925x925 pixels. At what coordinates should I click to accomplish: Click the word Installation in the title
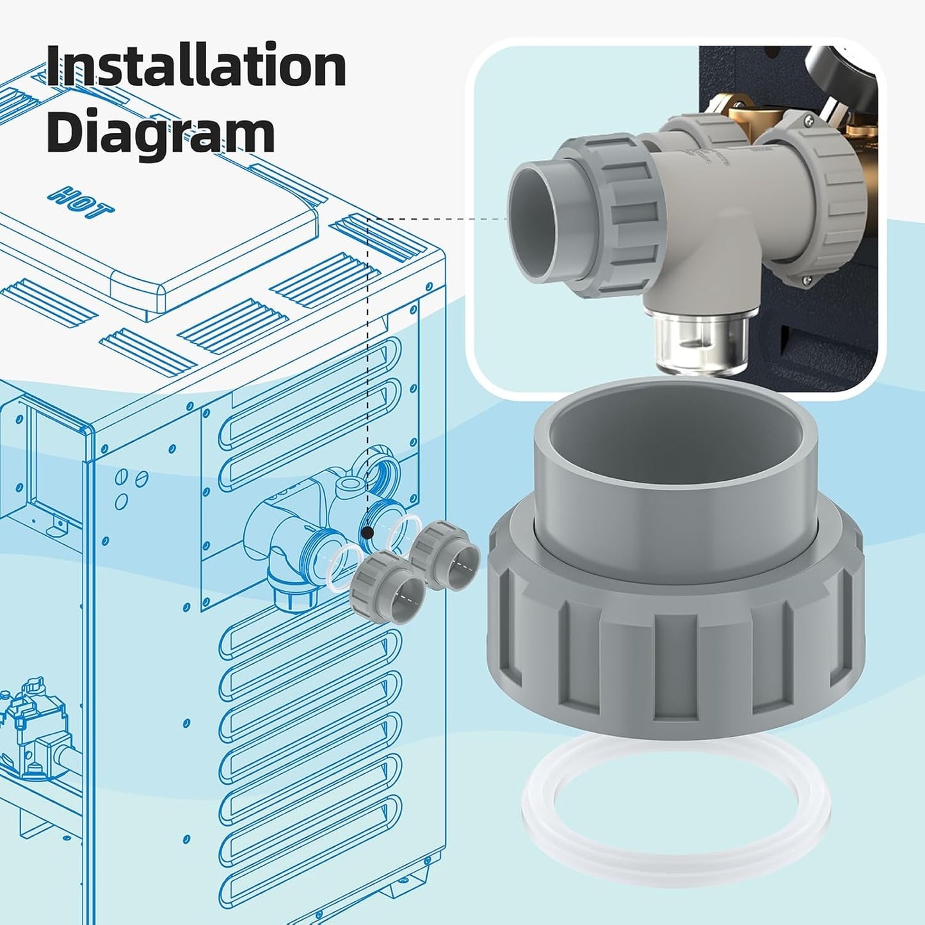197,65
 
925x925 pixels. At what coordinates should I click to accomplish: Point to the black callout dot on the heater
367,533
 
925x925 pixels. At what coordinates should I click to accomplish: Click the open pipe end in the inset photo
533,221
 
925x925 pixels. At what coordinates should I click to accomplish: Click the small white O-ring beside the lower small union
346,570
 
